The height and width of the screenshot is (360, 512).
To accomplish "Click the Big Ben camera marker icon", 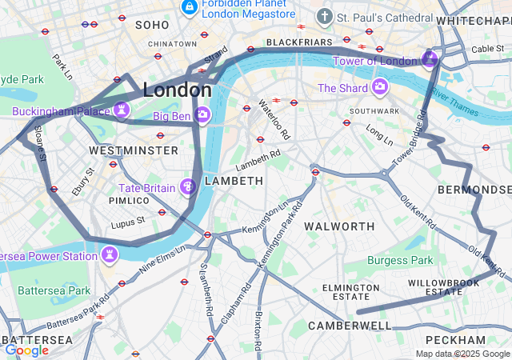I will [x=202, y=115].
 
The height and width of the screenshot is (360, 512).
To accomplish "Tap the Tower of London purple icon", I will [x=430, y=59].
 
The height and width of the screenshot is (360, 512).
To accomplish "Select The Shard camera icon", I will [x=379, y=86].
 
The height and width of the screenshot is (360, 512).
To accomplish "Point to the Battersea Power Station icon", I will [x=108, y=255].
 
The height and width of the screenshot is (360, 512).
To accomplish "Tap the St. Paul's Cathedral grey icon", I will [x=324, y=16].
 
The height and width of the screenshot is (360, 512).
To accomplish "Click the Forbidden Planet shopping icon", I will [x=190, y=8].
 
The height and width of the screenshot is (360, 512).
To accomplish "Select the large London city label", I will [x=176, y=90].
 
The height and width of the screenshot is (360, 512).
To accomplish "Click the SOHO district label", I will [x=152, y=26].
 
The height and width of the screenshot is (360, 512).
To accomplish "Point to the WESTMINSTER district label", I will [x=134, y=150].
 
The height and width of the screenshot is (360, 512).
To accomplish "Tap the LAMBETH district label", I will [x=234, y=182].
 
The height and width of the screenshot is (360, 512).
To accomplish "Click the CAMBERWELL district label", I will [x=350, y=326].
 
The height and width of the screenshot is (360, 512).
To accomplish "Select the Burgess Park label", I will [x=400, y=260].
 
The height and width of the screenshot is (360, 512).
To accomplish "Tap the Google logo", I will [x=26, y=350].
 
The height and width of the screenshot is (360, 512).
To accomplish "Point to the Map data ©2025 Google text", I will [x=462, y=354].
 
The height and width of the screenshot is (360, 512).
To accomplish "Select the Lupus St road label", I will [x=128, y=221].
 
